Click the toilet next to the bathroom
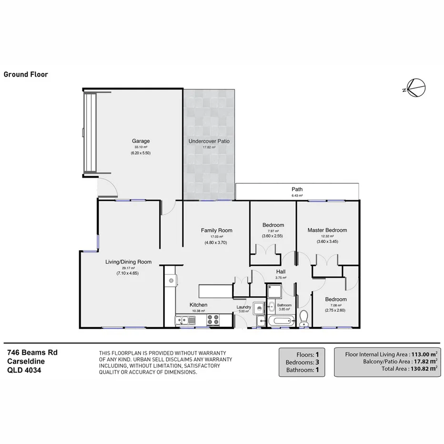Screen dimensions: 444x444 pyautogui.click(x=303, y=318)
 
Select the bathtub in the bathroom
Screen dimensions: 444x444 pyautogui.click(x=281, y=322)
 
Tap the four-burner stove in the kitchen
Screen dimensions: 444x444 pyautogui.click(x=213, y=321)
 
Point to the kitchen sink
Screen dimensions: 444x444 pyautogui.click(x=186, y=321)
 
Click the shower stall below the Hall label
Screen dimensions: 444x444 pyautogui.click(x=274, y=290)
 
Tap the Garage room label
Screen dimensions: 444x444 pyautogui.click(x=141, y=141)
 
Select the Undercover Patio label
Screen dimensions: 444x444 pyautogui.click(x=209, y=141)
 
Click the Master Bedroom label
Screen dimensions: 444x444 pyautogui.click(x=327, y=230)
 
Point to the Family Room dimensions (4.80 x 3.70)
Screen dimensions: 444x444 pyautogui.click(x=216, y=242)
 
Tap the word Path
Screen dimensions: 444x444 pyautogui.click(x=297, y=189)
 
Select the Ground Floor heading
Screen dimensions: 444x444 pyautogui.click(x=26, y=74)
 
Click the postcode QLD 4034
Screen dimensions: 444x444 pyautogui.click(x=24, y=369)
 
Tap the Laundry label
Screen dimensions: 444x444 pyautogui.click(x=244, y=307)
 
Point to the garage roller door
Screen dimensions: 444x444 pyautogui.click(x=90, y=133)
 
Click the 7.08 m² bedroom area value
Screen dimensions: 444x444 pyautogui.click(x=335, y=305)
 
